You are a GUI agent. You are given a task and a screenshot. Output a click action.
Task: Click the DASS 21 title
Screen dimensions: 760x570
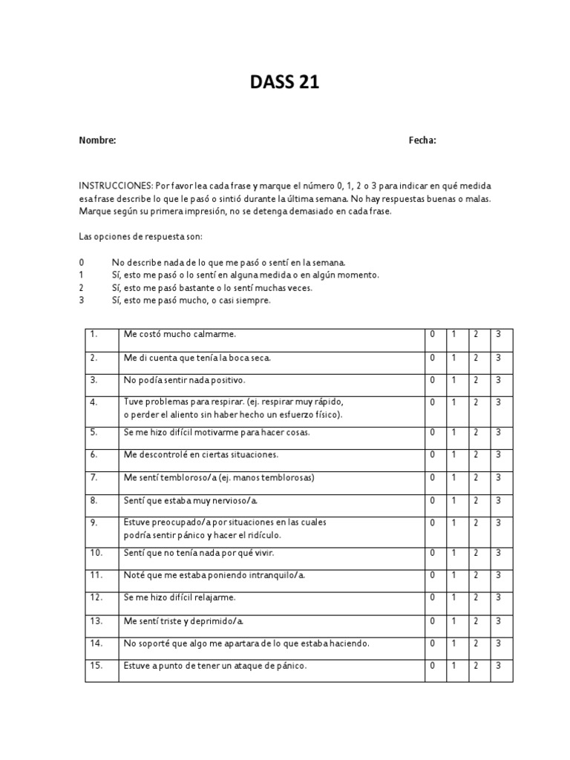tap(284, 82)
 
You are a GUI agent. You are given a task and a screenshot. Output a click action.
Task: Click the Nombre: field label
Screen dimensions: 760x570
tap(97, 140)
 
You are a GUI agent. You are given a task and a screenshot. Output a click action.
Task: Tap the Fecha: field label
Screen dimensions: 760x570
tap(422, 140)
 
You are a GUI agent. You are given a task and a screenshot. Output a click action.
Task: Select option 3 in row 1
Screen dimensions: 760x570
tap(499, 334)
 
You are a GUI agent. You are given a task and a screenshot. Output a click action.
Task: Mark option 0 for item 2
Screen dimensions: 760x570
tap(433, 358)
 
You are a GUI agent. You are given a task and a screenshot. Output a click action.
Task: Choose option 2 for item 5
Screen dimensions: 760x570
tap(476, 432)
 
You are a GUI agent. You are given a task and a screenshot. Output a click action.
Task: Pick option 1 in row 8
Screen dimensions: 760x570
tap(454, 501)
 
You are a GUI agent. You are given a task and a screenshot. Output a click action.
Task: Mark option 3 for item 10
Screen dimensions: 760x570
tap(499, 552)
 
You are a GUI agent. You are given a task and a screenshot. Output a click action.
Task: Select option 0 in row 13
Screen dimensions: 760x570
tap(433, 620)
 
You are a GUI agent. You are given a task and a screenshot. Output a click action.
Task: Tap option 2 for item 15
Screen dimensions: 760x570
tap(476, 666)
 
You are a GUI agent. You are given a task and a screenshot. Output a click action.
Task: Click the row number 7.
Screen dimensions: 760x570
tap(94, 477)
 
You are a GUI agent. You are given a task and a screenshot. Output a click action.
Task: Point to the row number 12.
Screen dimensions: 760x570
tap(96, 597)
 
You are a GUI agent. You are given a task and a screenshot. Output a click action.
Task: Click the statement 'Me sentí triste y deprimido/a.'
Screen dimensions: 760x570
tap(184, 620)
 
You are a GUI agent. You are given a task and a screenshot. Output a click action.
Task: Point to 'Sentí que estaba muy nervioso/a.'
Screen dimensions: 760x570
tap(191, 501)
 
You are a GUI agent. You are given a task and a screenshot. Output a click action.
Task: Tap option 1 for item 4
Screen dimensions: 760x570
tap(454, 402)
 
